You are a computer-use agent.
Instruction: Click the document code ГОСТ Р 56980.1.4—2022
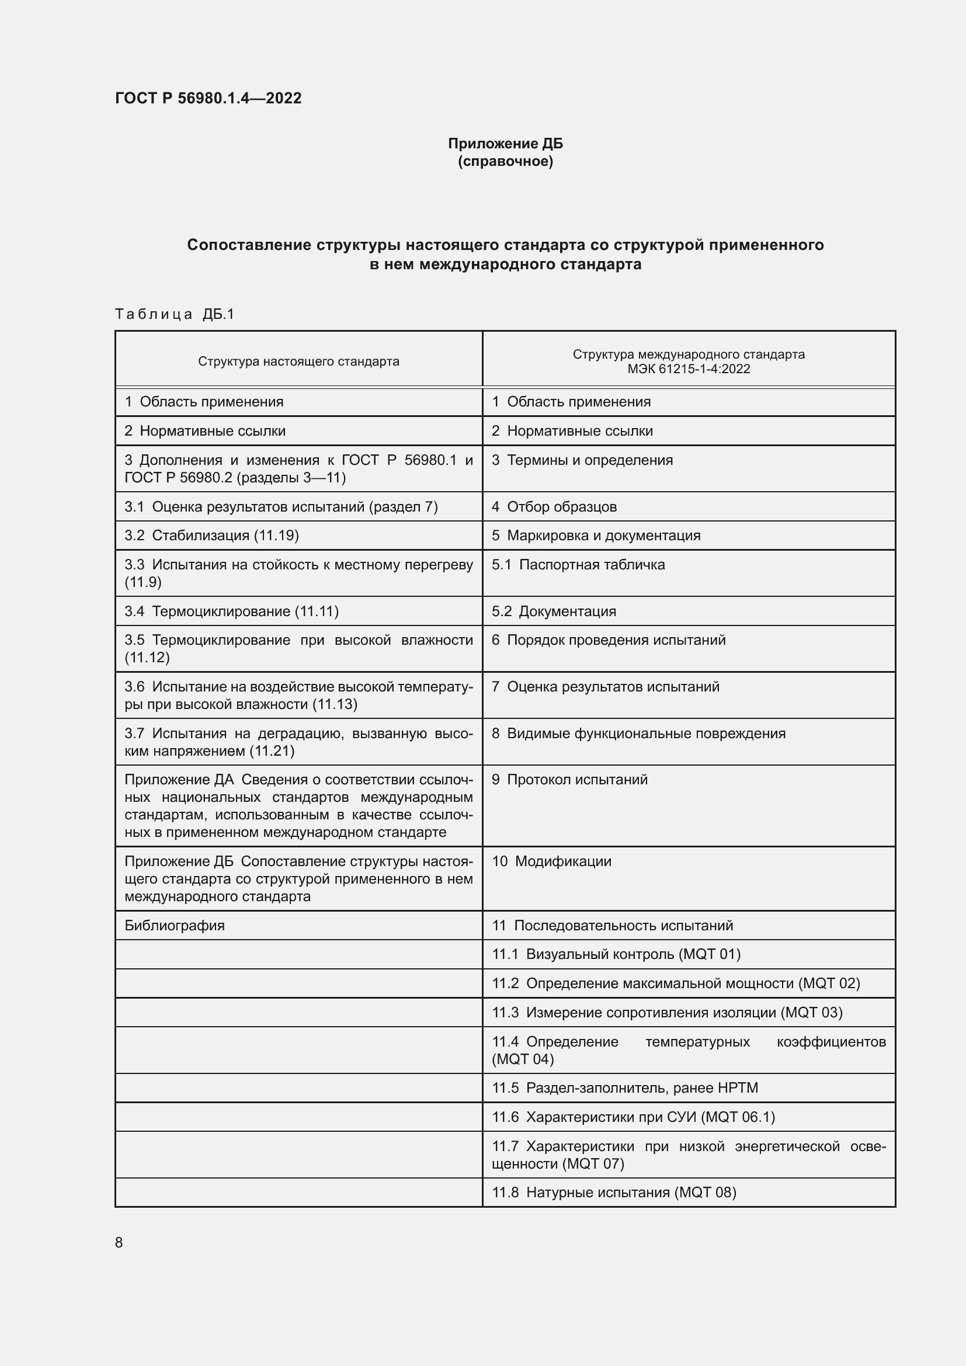(208, 98)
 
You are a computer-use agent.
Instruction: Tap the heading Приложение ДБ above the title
(505, 144)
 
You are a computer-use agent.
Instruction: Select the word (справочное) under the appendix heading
(505, 161)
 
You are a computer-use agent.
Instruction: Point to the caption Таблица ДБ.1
(175, 314)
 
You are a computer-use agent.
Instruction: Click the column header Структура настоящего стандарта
(298, 361)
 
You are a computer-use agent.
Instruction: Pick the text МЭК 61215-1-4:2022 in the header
(688, 369)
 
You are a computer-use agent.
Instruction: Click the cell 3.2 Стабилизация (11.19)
(212, 536)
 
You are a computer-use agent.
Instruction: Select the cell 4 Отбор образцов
(554, 507)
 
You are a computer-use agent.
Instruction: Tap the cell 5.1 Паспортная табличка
(578, 565)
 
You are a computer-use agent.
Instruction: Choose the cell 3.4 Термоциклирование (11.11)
(231, 611)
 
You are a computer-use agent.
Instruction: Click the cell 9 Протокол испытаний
(569, 780)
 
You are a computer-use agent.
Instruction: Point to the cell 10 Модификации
(551, 861)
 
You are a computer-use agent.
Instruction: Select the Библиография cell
(174, 926)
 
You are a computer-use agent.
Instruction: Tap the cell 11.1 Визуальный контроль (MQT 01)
(616, 954)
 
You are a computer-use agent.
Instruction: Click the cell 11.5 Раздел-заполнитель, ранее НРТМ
(624, 1088)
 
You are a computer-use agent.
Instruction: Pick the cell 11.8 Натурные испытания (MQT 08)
(614, 1193)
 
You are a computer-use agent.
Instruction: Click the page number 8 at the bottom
(119, 1242)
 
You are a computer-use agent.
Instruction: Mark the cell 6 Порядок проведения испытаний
(609, 640)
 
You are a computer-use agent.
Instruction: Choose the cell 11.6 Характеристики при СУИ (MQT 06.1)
(634, 1117)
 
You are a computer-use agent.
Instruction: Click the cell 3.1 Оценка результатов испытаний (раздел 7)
(281, 507)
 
